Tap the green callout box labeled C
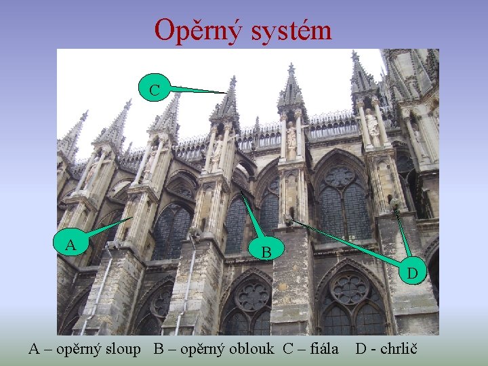(155, 89)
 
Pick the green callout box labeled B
(267, 251)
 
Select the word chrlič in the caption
(401, 349)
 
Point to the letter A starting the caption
(35, 349)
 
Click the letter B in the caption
(159, 349)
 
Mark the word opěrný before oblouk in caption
(204, 349)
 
